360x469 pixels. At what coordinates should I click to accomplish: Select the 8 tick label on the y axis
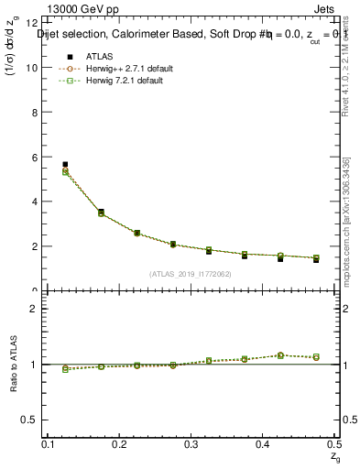tap(34, 113)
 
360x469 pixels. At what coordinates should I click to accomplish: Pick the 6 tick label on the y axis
tap(34, 158)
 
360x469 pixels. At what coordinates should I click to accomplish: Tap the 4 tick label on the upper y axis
tap(34, 202)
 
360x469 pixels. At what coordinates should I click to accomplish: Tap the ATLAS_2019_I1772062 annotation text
tap(191, 274)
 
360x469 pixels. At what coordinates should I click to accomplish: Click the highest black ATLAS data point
tap(65, 164)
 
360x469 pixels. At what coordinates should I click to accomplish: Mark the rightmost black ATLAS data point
tap(316, 259)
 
